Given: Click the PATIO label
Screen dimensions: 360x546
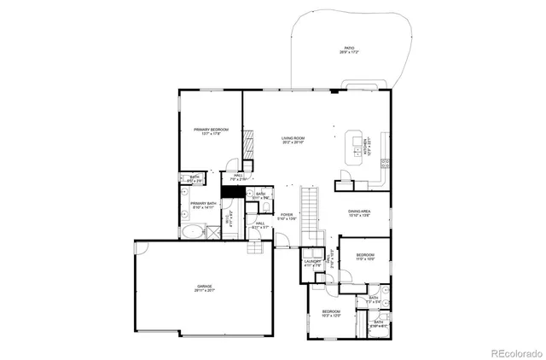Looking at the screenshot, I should [349, 48].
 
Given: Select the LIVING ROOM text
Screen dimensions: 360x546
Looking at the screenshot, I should [293, 137].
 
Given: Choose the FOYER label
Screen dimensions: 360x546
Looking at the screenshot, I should [287, 215].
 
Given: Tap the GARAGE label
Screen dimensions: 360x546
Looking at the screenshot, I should [204, 287].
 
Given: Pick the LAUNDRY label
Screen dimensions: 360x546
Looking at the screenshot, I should [312, 263].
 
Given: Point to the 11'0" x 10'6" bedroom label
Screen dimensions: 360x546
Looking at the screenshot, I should [364, 255].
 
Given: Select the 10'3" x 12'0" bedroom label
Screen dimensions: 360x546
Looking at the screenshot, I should [330, 313].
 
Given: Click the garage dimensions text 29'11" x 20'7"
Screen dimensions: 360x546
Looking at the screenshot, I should [204, 291].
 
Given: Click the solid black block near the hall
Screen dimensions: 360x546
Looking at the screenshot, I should [229, 192].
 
